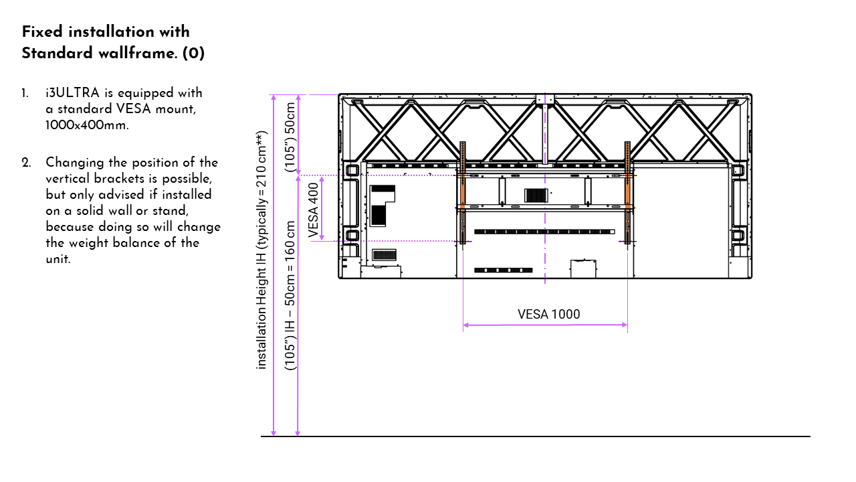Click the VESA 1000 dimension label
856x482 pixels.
[549, 315]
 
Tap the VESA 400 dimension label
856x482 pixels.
[314, 210]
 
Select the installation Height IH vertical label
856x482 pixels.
[261, 250]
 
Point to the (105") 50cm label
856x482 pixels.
[290, 137]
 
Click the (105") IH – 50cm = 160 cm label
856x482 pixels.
[290, 295]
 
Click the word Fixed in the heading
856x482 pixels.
[42, 31]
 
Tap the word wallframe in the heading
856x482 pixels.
[138, 53]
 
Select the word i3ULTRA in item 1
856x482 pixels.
[73, 93]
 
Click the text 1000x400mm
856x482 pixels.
[87, 125]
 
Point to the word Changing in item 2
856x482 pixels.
[75, 163]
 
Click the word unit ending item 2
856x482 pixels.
[58, 259]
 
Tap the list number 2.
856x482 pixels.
[26, 163]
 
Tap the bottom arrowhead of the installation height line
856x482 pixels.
[274, 433]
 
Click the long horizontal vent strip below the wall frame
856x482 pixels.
[544, 232]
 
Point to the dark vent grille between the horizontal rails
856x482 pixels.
[536, 195]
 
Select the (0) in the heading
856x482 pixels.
[193, 53]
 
